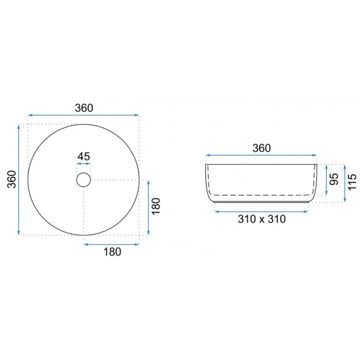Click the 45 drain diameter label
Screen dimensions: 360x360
click(84, 156)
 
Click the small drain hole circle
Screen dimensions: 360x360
click(84, 173)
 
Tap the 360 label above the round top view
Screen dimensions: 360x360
click(84, 108)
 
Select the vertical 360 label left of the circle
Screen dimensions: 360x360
click(12, 179)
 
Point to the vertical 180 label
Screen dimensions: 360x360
click(156, 206)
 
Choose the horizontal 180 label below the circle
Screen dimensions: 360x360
click(112, 252)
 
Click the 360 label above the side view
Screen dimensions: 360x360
click(262, 148)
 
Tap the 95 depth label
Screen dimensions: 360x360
click(334, 179)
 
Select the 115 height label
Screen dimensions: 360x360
click(352, 182)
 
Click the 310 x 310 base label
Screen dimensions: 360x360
click(262, 219)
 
